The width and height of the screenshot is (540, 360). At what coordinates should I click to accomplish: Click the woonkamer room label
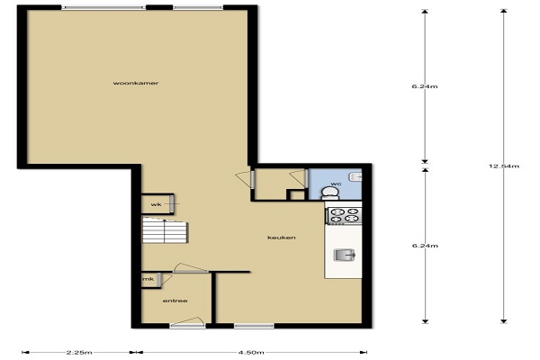pyautogui.click(x=136, y=83)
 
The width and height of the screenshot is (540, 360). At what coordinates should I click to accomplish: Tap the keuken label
pyautogui.click(x=282, y=238)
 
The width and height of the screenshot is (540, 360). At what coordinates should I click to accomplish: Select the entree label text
pyautogui.click(x=175, y=301)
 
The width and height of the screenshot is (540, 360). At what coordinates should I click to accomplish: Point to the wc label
pyautogui.click(x=336, y=184)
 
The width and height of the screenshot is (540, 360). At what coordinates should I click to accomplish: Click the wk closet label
pyautogui.click(x=156, y=204)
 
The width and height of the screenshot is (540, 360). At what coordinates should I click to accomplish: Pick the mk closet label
pyautogui.click(x=148, y=279)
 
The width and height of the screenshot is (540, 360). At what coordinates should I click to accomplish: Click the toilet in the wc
pyautogui.click(x=329, y=193)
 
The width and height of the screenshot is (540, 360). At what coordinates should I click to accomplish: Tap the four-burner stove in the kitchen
pyautogui.click(x=344, y=216)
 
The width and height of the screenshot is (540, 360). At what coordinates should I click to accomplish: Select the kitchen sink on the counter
pyautogui.click(x=345, y=255)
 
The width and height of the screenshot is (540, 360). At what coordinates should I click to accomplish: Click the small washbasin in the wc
pyautogui.click(x=355, y=176)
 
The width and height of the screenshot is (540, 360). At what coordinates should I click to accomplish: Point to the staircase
pyautogui.click(x=165, y=230)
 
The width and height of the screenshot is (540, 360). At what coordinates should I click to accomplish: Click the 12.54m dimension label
pyautogui.click(x=503, y=166)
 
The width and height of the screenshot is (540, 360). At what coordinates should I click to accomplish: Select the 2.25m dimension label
pyautogui.click(x=79, y=352)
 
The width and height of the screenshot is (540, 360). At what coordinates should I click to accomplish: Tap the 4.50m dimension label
pyautogui.click(x=251, y=352)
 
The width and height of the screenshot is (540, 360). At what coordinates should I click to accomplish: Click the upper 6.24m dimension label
pyautogui.click(x=425, y=86)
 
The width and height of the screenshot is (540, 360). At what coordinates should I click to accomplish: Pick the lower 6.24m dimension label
pyautogui.click(x=425, y=246)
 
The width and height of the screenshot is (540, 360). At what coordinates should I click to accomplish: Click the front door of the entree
pyautogui.click(x=187, y=322)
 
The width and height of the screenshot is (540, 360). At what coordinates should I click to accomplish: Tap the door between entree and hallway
pyautogui.click(x=191, y=269)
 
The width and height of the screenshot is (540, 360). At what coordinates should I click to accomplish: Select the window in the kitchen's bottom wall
pyautogui.click(x=254, y=326)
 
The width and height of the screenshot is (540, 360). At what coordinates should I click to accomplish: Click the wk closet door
pyautogui.click(x=172, y=203)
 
